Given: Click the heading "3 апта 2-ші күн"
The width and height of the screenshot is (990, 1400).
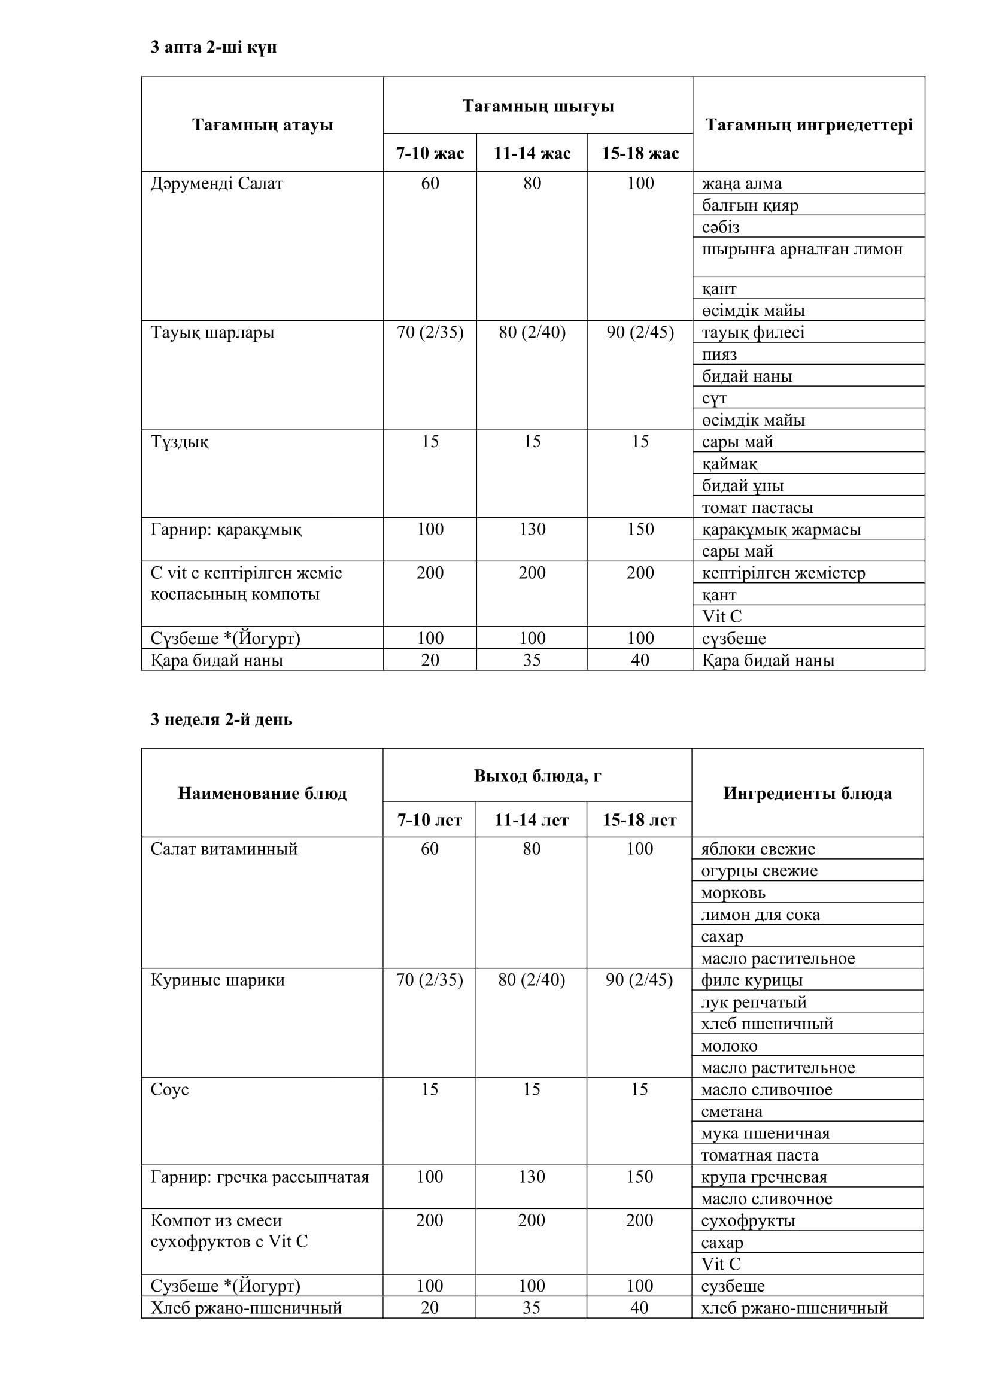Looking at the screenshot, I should pos(213,47).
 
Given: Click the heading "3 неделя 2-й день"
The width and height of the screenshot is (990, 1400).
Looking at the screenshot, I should pos(221,719).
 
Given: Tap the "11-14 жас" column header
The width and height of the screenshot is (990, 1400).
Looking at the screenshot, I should pos(532,153).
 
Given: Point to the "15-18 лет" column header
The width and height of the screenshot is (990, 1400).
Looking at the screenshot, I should pos(639,820).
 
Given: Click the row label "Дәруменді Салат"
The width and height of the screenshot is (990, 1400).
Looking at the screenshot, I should pos(217,184).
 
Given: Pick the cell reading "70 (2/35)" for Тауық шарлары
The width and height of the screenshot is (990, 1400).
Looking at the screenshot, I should pos(430,332).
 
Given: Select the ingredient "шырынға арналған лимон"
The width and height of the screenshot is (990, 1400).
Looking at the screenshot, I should pos(801,250).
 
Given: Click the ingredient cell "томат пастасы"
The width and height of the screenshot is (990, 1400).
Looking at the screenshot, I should pos(757,508).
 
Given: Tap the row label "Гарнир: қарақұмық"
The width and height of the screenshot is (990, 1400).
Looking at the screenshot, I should pos(226,529).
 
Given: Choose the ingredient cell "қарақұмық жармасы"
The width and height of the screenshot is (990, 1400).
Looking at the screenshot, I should pos(782,529).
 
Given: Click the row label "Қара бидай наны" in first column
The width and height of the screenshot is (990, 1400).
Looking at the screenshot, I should pos(217,660).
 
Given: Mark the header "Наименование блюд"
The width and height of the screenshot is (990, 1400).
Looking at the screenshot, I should pos(262,793).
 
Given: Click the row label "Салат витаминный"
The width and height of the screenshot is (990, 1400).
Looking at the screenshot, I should pos(224,849).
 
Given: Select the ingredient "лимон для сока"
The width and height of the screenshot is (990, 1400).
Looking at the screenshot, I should pos(760,915).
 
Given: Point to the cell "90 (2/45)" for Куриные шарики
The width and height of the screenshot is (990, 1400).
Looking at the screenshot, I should pos(639,980).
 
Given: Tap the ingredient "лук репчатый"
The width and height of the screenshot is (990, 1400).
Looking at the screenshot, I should pos(754,1002).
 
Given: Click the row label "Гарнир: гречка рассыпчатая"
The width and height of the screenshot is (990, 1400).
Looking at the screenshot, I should pos(260,1177).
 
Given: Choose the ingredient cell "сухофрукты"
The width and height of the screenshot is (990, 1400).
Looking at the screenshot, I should pos(748,1220).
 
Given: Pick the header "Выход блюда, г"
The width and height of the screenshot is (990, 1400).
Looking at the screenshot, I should pos(537,776).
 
